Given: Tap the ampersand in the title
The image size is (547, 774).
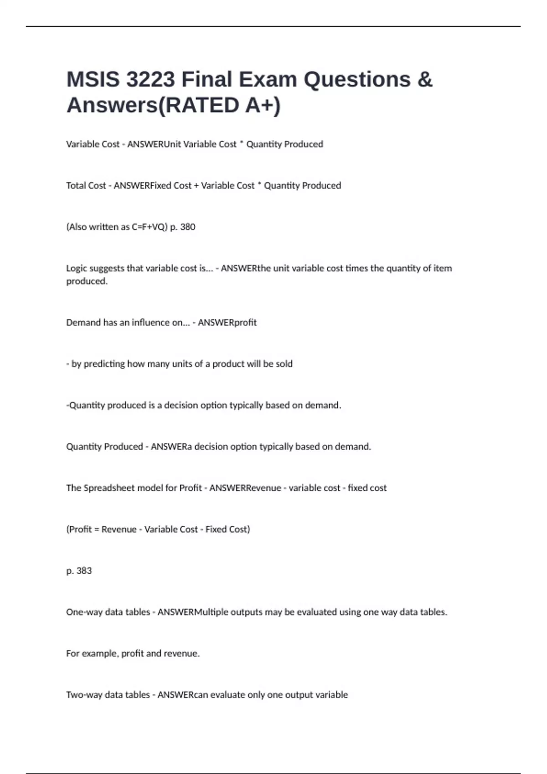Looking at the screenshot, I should (424, 80).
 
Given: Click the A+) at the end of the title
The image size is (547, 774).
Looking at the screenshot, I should (263, 105).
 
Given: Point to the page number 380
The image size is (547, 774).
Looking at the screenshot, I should (187, 227).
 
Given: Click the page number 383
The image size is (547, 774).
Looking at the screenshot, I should (84, 570).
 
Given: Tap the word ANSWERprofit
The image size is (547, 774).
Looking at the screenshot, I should (227, 322).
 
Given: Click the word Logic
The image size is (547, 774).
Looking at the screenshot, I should (77, 268).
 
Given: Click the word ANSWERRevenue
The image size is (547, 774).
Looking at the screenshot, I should (245, 488).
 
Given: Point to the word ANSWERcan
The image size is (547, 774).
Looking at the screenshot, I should (182, 695).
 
